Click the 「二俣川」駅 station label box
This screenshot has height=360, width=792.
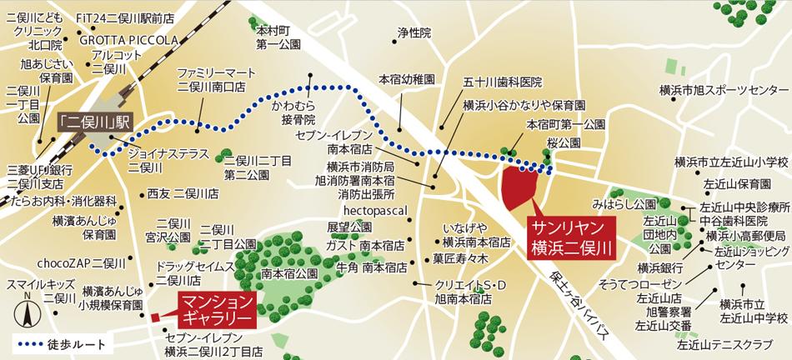91,121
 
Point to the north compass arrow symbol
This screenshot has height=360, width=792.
28,314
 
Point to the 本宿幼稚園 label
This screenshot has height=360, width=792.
407,80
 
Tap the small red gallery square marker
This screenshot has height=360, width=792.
155,317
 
